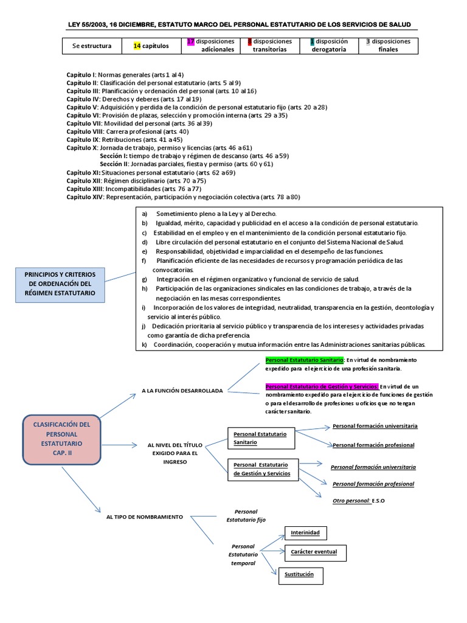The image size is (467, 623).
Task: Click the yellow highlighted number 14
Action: (x=137, y=46)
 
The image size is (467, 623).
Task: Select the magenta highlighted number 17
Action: (x=190, y=41)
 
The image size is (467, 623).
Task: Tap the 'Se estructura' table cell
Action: (x=92, y=46)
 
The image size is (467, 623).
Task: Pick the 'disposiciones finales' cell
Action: (x=388, y=46)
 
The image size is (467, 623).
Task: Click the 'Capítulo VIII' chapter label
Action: (x=85, y=131)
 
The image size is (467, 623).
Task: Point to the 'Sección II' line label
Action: (x=114, y=164)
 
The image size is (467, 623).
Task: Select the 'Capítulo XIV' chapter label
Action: (x=85, y=197)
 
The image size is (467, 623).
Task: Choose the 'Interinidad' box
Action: (x=305, y=532)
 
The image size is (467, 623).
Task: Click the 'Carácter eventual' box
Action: (x=314, y=552)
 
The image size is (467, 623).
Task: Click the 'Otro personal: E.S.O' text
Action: (x=359, y=500)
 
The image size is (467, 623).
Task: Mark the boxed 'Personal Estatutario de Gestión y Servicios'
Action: (x=263, y=469)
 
